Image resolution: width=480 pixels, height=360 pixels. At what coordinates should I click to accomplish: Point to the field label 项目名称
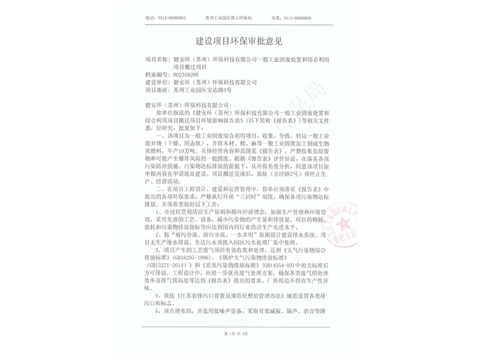158,61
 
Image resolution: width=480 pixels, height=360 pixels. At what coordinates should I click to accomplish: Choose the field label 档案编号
158,74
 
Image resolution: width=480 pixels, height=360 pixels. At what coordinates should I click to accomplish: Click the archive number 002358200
185,74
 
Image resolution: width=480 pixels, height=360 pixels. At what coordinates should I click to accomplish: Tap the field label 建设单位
158,82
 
